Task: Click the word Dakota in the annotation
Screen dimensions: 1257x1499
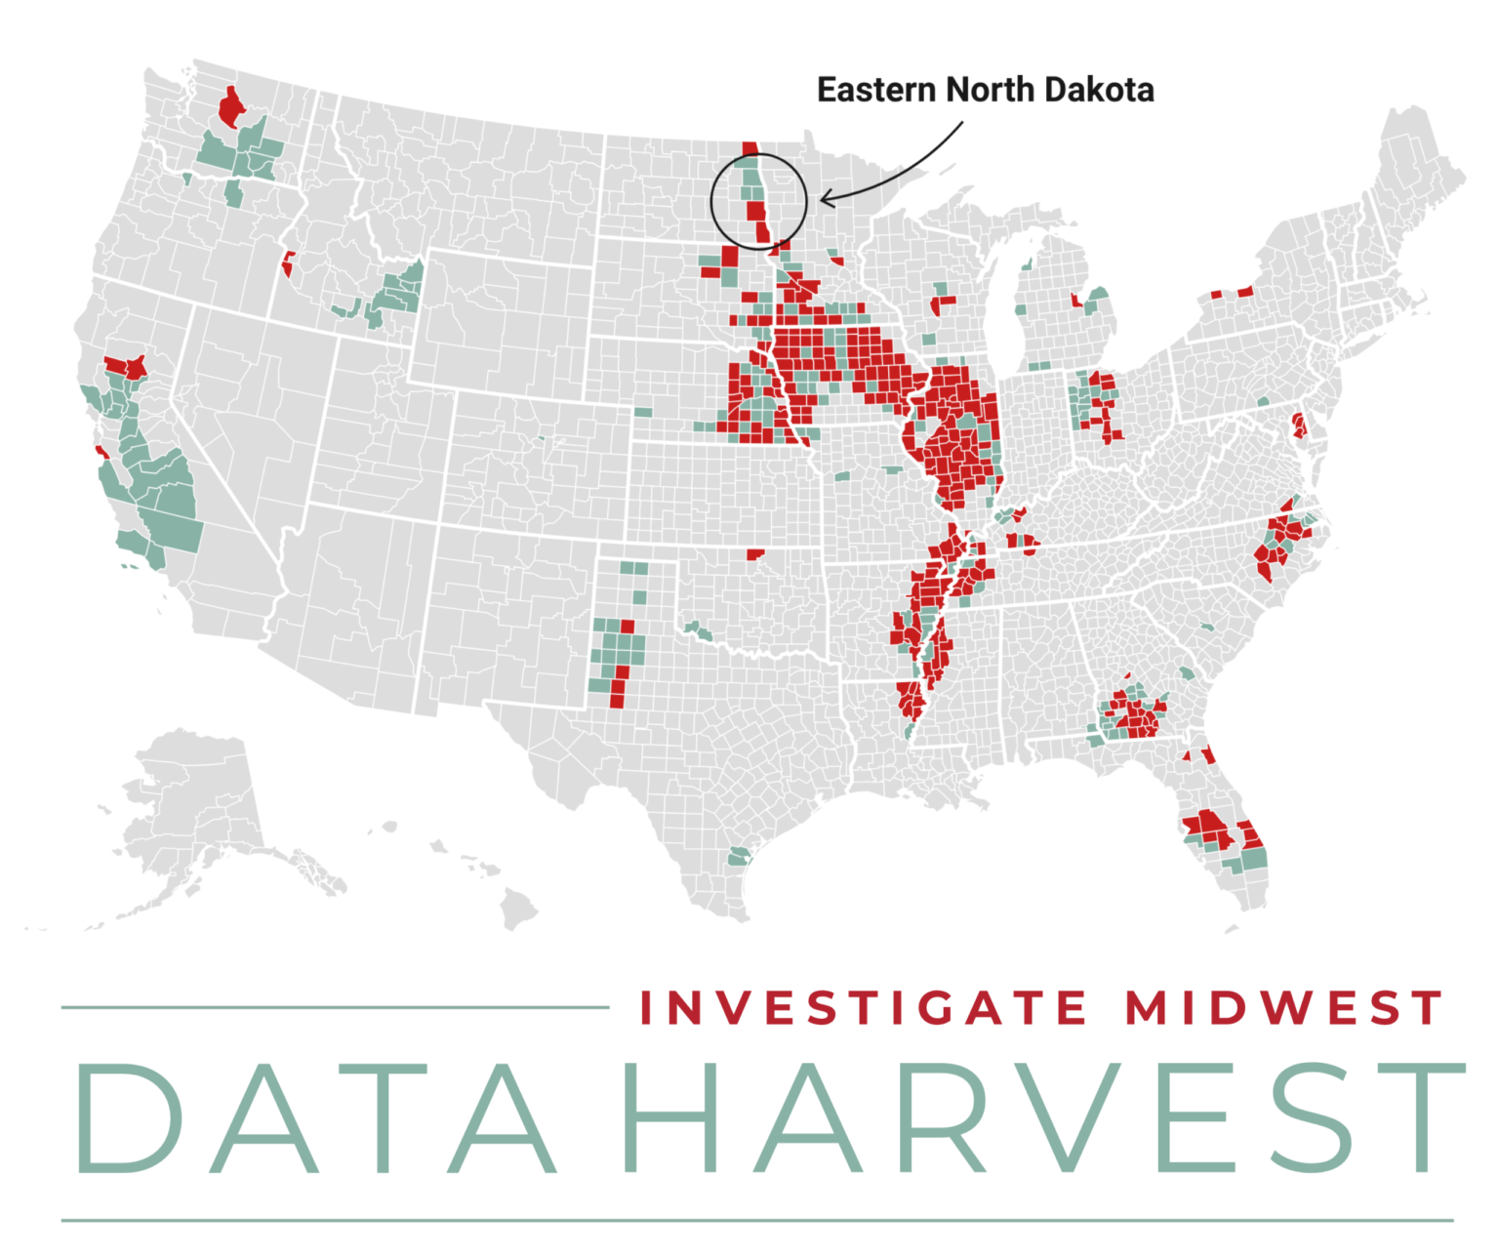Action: [1098, 90]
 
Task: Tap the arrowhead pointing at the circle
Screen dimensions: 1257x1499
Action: [825, 200]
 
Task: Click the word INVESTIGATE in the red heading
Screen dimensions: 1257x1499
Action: [863, 1008]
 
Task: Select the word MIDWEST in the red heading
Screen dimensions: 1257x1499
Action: [1283, 1008]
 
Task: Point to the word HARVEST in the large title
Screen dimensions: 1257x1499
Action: [1042, 1118]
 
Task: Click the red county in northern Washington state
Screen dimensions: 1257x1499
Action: [231, 108]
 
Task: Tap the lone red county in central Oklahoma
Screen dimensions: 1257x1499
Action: [754, 554]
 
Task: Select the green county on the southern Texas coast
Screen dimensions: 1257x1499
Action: [739, 857]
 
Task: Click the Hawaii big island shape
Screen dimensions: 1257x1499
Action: [518, 912]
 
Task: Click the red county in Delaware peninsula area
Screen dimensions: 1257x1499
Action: [1299, 426]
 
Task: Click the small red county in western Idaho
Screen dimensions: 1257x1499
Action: [289, 264]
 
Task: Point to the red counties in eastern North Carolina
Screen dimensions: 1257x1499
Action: [1280, 541]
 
